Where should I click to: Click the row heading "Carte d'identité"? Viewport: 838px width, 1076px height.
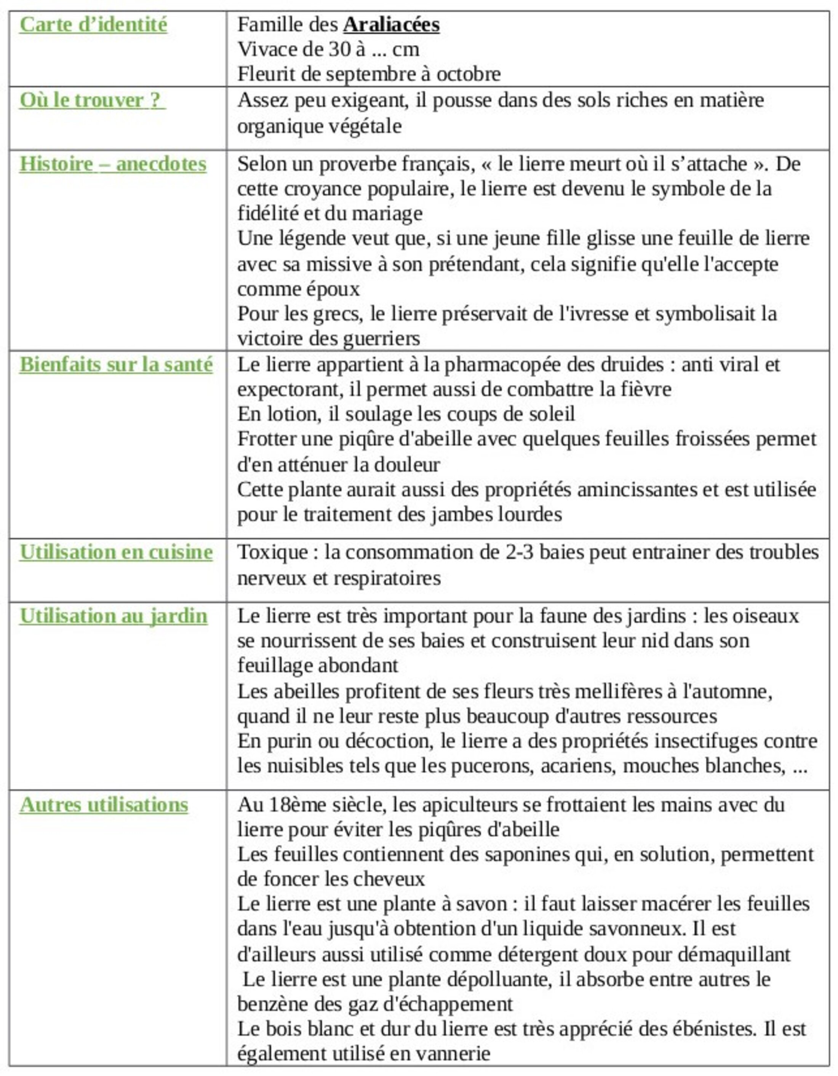93,25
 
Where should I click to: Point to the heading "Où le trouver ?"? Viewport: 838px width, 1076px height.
92,100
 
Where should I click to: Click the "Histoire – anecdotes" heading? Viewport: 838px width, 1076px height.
113,164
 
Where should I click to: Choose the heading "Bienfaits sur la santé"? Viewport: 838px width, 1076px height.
116,365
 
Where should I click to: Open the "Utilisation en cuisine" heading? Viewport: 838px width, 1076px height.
116,552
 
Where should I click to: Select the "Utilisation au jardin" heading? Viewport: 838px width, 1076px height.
114,616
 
